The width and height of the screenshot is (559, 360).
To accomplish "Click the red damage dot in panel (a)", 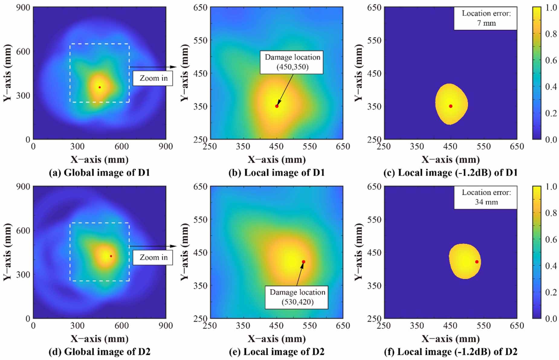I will (100, 87).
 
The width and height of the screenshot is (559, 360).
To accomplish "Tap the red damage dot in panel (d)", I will (111, 256).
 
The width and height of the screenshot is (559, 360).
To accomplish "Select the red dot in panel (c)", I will (451, 106).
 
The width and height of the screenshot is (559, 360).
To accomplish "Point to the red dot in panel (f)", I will (477, 262).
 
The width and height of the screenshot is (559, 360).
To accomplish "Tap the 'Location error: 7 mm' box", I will (486, 18).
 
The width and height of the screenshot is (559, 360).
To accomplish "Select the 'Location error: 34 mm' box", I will (486, 197).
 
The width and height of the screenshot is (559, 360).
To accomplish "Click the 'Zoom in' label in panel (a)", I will (153, 78).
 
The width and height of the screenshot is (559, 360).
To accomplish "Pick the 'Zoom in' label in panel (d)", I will (153, 257).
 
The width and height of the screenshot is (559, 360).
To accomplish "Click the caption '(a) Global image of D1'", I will (99, 173).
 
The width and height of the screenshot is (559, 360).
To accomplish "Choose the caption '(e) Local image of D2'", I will (276, 352).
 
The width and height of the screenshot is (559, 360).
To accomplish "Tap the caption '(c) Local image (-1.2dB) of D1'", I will (450, 173).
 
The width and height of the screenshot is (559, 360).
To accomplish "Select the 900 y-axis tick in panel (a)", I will (24, 7).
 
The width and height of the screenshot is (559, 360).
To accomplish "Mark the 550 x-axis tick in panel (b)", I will (310, 146).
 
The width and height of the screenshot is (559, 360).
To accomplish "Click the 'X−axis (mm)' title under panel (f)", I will (450, 339).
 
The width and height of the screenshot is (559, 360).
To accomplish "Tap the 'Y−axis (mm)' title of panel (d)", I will (7, 252).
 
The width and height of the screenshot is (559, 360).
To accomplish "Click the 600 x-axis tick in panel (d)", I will (122, 326).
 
